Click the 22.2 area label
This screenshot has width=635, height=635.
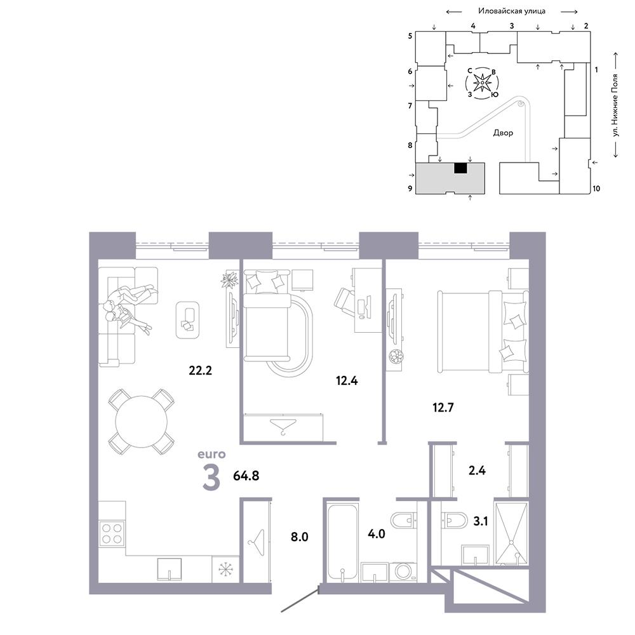tap(201, 370)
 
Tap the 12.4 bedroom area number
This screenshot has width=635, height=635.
tap(347, 380)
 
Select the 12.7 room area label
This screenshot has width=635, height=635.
tap(443, 407)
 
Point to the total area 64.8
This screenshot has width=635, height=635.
tap(246, 476)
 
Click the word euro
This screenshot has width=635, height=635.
tap(211, 455)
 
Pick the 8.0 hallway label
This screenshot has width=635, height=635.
tap(299, 537)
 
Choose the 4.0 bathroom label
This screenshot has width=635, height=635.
tap(376, 534)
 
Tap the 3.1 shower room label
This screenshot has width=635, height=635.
tap(481, 521)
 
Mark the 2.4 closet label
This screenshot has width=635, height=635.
tap(477, 470)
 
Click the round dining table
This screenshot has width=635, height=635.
tap(142, 422)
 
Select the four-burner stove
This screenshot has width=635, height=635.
tap(112, 533)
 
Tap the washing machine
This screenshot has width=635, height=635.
tap(403, 571)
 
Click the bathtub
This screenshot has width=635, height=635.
tap(342, 542)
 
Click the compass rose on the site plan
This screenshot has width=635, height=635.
tap(482, 83)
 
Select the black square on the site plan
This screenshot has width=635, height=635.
tap(461, 168)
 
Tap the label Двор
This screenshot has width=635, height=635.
tap(503, 133)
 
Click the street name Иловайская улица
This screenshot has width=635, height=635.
tap(512, 11)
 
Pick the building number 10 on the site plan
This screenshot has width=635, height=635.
tap(596, 189)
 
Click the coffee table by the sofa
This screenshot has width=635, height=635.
tap(187, 320)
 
